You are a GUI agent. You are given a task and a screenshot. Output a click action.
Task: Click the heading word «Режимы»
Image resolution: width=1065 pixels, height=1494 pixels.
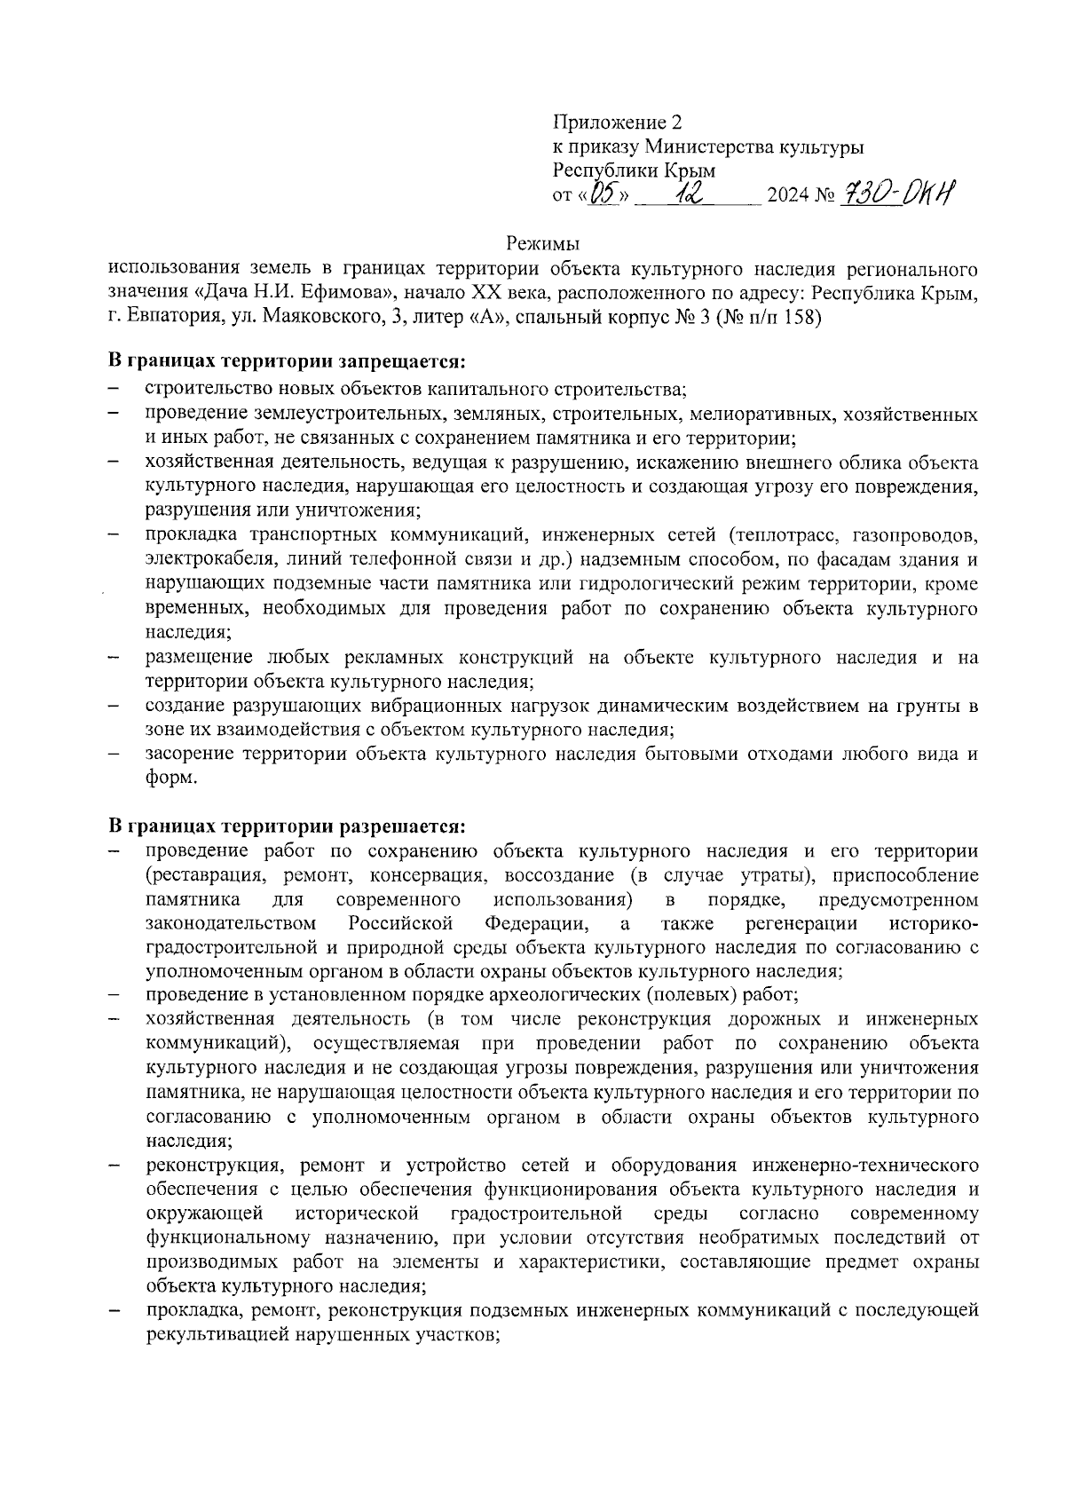[542, 242]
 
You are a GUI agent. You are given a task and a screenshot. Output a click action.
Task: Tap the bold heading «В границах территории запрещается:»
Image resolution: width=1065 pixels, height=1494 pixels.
[287, 362]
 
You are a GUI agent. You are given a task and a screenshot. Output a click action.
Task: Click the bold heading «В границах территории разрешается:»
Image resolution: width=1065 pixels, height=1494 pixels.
[287, 826]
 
